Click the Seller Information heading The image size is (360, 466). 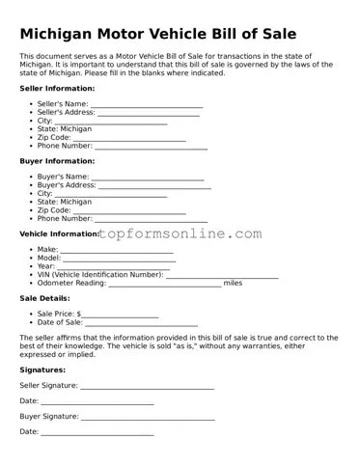[57, 88]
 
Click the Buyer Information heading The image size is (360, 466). [57, 161]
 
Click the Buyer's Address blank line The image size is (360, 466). [153, 186]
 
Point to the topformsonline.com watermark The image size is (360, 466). [180, 233]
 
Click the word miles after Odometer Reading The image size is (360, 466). [233, 284]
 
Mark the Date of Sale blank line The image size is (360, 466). [141, 323]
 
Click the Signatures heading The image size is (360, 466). [42, 370]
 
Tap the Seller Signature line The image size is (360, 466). [147, 386]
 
